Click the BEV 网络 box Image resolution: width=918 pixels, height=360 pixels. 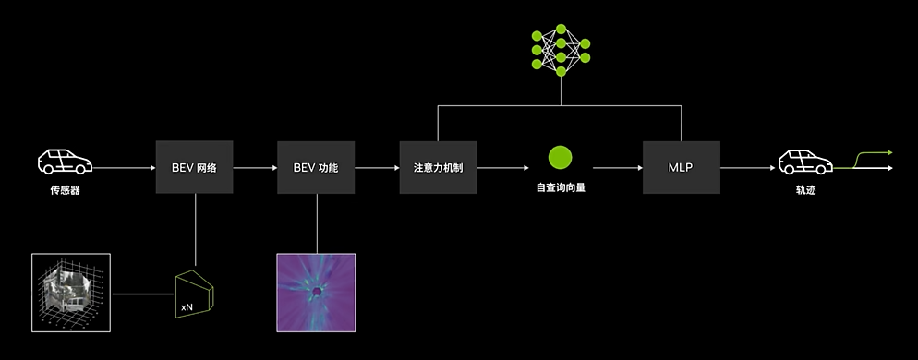tap(194, 168)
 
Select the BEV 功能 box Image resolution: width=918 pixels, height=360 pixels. tap(316, 168)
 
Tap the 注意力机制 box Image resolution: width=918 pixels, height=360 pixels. tap(438, 168)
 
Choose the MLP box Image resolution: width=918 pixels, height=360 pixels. tap(681, 168)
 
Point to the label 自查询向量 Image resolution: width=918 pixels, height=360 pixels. tap(561, 187)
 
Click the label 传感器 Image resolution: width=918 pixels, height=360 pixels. tap(64, 191)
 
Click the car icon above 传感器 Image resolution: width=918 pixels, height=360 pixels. tap(64, 162)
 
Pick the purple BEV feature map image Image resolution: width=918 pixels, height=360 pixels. tap(316, 292)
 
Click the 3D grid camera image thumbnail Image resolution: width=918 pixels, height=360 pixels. tap(70, 293)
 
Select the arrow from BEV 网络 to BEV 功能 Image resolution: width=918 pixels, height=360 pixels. tap(254, 169)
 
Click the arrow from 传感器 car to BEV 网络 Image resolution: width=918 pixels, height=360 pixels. tap(124, 169)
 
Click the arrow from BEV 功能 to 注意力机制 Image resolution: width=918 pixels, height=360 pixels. tap(376, 169)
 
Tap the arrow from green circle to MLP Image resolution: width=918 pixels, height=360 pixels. tap(617, 169)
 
